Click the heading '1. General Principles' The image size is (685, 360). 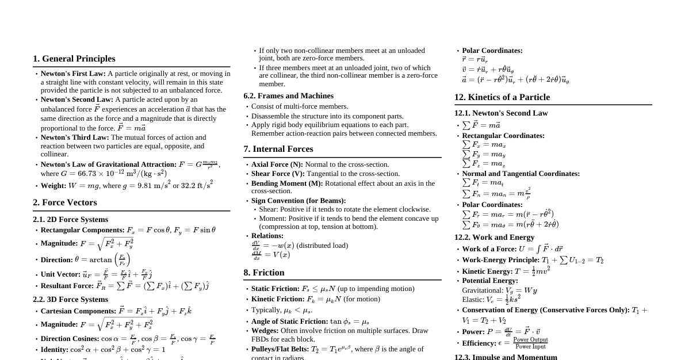(x=74, y=59)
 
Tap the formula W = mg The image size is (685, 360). (x=84, y=186)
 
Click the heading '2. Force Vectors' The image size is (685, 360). (x=65, y=202)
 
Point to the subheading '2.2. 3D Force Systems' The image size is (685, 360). (x=70, y=300)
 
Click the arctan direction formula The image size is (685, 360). (x=102, y=259)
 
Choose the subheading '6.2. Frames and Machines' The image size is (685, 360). (x=288, y=96)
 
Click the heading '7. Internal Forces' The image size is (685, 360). (x=278, y=149)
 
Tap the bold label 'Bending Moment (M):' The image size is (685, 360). (x=287, y=183)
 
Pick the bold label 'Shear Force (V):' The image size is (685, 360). (x=278, y=174)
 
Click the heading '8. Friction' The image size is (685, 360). (x=264, y=273)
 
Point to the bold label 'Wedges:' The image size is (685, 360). (x=265, y=331)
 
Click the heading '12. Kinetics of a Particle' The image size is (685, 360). (x=502, y=97)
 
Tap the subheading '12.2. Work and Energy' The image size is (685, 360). (x=494, y=238)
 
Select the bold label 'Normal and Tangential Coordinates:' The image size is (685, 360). (x=521, y=174)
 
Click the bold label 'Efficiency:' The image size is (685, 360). (x=479, y=343)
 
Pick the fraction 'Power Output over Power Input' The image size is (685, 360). (x=530, y=343)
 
